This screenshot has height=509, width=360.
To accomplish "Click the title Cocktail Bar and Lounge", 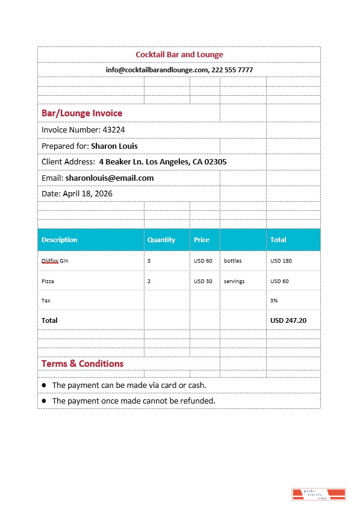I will pos(179,55).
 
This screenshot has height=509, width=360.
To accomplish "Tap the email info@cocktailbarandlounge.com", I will pos(157,70).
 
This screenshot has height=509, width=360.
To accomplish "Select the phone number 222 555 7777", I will pos(232,70).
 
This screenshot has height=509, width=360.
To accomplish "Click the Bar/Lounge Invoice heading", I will pos(82,113).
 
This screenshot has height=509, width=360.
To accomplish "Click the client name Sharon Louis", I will pos(114,146).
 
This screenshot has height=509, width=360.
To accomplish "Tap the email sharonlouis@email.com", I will pos(110,178).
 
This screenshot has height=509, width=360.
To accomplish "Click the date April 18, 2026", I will pos(87,194).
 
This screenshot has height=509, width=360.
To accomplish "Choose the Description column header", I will pos(60,240).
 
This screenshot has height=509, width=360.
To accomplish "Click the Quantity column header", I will pos(161,240).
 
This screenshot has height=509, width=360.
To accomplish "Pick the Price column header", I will pos(202,240).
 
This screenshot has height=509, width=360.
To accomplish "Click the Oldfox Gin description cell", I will pos(55,261).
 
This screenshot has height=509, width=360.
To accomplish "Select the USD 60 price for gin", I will pos(203,261).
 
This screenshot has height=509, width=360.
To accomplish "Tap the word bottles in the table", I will pos(234,261).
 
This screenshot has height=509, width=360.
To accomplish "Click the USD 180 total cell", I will pos(281,261).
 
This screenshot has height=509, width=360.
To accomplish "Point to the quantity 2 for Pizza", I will pos(149,281).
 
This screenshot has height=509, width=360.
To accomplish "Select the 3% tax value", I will pos(274,300).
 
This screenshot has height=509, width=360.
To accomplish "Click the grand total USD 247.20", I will pos(288,320).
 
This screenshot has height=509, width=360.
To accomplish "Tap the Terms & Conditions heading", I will pos(82,364).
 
